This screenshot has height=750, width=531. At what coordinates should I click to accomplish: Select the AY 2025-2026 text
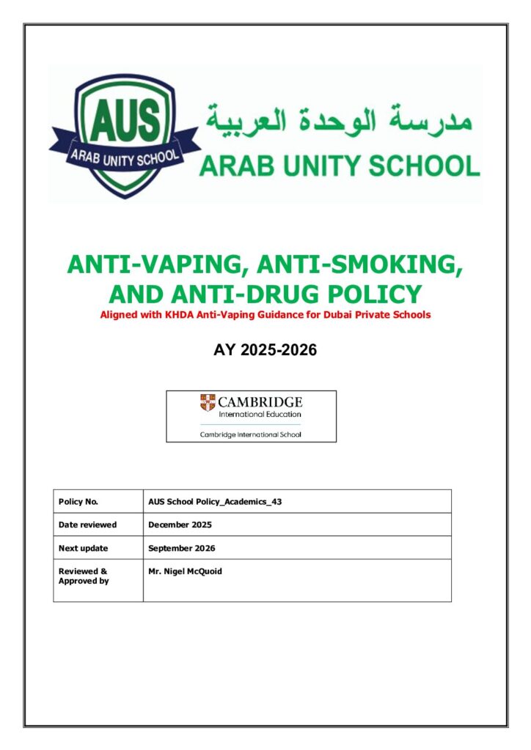265,350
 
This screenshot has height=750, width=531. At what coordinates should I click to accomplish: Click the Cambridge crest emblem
208,402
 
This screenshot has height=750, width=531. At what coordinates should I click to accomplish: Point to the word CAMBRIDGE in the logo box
260,402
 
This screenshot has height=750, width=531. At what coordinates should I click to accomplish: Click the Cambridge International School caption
251,434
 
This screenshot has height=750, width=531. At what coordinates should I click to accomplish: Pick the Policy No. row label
78,502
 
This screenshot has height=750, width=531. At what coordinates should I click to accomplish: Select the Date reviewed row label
87,524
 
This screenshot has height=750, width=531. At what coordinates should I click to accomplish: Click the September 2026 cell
181,548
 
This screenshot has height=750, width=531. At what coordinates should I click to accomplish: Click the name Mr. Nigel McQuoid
184,571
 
